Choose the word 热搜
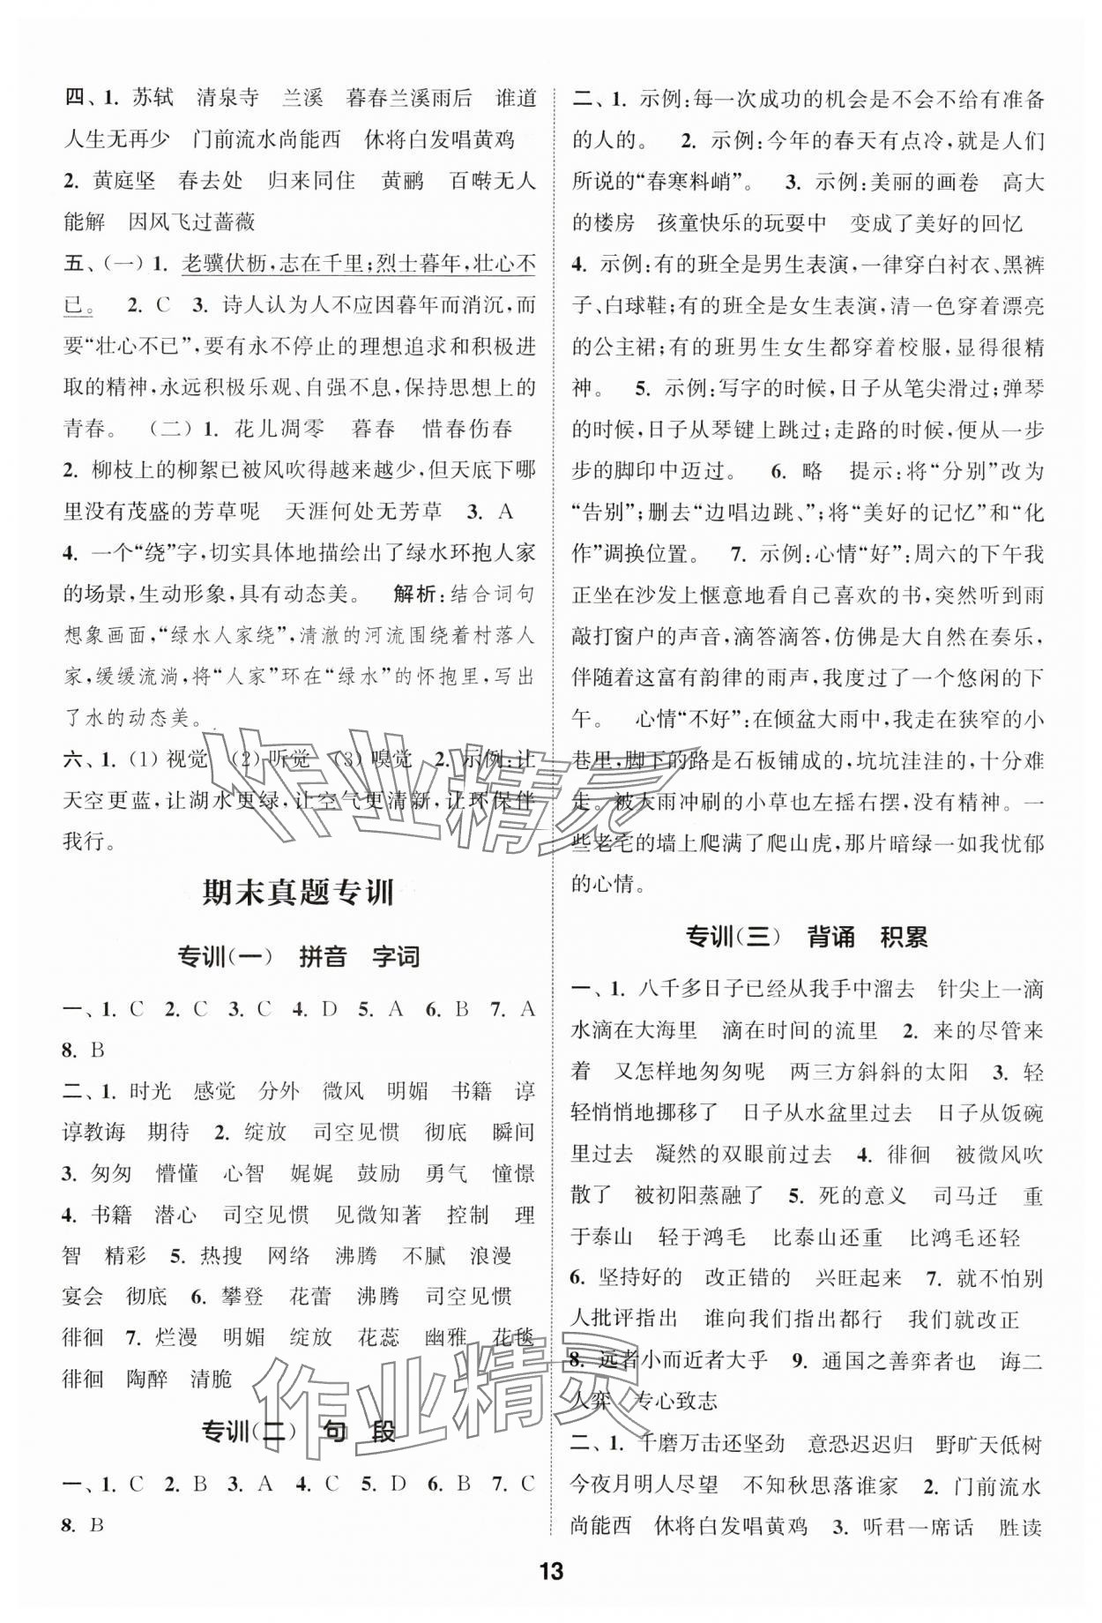[x=220, y=1255]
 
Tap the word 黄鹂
[x=403, y=181]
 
